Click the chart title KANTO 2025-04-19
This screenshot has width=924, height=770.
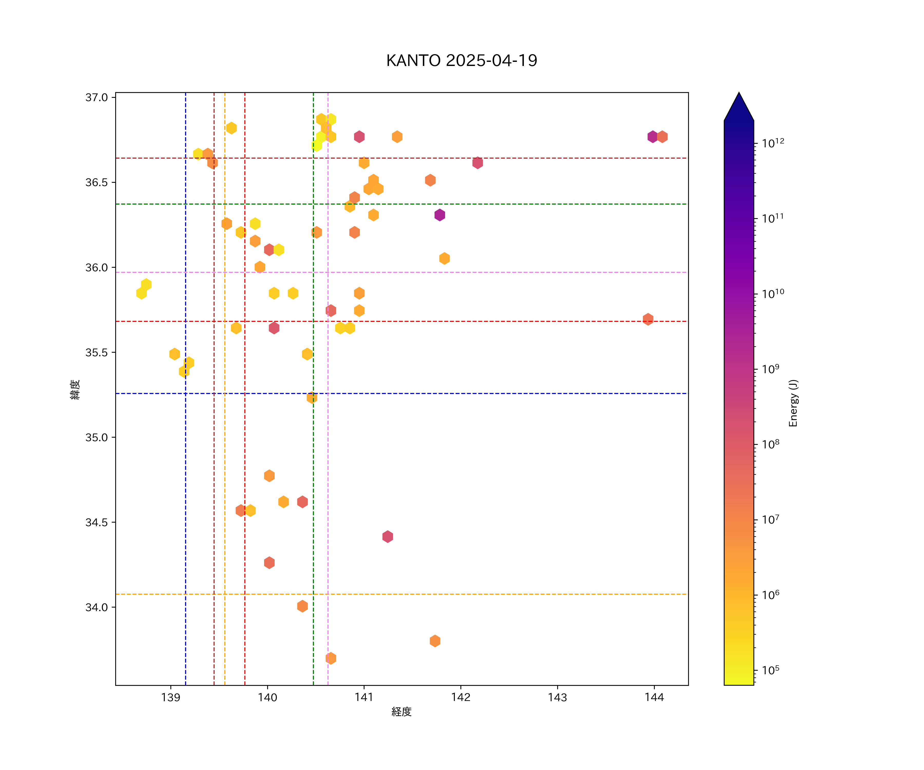(461, 61)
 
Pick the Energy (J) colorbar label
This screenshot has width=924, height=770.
(793, 403)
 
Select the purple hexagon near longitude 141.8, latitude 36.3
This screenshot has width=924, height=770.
(440, 215)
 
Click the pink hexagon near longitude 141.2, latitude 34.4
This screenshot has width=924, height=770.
(387, 536)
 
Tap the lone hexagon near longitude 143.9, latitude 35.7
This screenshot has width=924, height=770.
(648, 319)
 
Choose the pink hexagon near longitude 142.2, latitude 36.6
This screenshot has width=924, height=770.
(477, 163)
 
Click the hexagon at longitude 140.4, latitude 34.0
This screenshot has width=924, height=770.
(302, 606)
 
